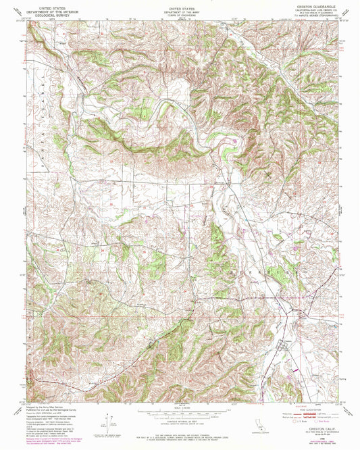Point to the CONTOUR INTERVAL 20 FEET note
point(179,420)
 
